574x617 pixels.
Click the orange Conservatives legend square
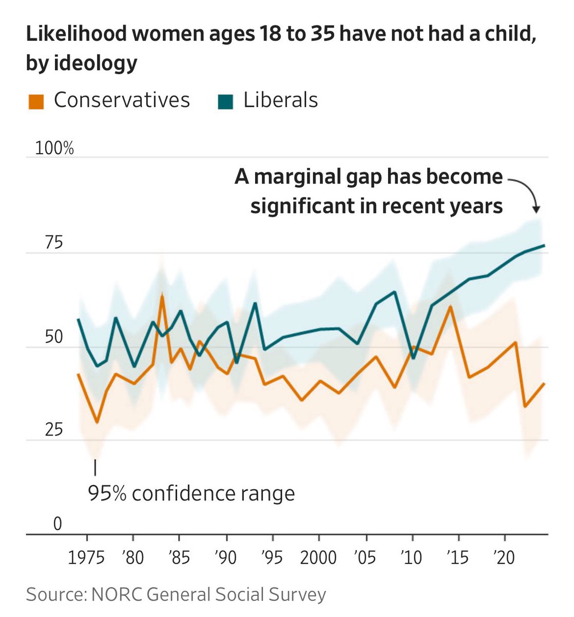[x=35, y=101]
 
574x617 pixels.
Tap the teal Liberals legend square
[x=225, y=101]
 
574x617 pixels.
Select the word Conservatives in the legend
[x=122, y=100]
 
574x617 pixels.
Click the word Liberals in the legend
[x=280, y=100]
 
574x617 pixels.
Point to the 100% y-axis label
[x=54, y=149]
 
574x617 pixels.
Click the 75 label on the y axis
[x=53, y=243]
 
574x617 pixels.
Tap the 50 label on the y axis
[x=53, y=337]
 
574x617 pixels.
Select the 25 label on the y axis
[x=53, y=430]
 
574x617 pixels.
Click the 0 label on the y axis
[x=58, y=524]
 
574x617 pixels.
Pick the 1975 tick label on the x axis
[x=87, y=557]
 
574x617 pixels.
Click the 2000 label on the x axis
[x=318, y=557]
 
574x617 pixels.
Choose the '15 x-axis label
[x=457, y=557]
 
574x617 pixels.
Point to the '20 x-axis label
[x=504, y=557]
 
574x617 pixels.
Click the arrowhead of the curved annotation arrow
[x=536, y=209]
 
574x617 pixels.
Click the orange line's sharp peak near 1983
[x=162, y=295]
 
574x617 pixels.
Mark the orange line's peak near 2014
[x=450, y=306]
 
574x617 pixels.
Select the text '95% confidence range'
[x=192, y=494]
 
